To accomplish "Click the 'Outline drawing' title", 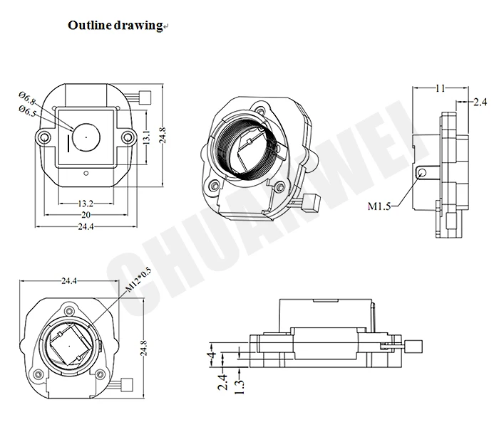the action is (115, 25).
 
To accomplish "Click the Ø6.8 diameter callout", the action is (27, 98).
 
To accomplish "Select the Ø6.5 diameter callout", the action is (27, 111).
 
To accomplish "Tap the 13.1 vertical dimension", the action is (147, 137).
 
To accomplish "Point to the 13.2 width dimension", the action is (86, 203).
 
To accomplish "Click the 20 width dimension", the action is (86, 215).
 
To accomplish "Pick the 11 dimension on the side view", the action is (440, 88).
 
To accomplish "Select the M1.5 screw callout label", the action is (379, 206).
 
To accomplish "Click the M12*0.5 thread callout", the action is (138, 280).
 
